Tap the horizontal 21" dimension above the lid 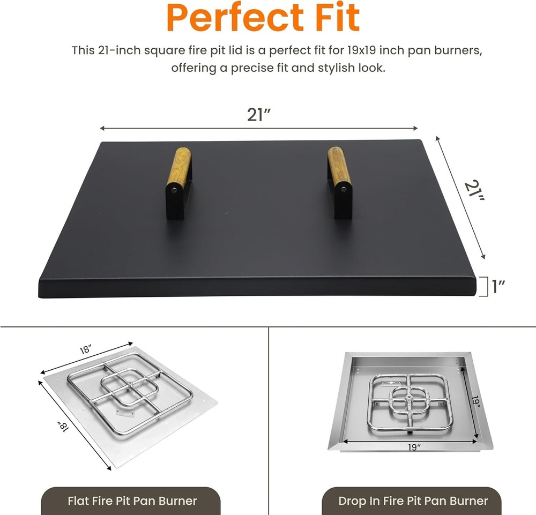pyautogui.click(x=258, y=115)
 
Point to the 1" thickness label pyautogui.click(x=500, y=287)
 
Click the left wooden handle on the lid pyautogui.click(x=181, y=167)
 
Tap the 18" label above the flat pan pyautogui.click(x=85, y=350)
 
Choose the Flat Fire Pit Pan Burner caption pyautogui.click(x=132, y=502)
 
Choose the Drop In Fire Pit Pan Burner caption pyautogui.click(x=413, y=502)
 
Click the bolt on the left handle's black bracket pyautogui.click(x=174, y=189)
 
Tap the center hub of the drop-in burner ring pyautogui.click(x=410, y=400)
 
